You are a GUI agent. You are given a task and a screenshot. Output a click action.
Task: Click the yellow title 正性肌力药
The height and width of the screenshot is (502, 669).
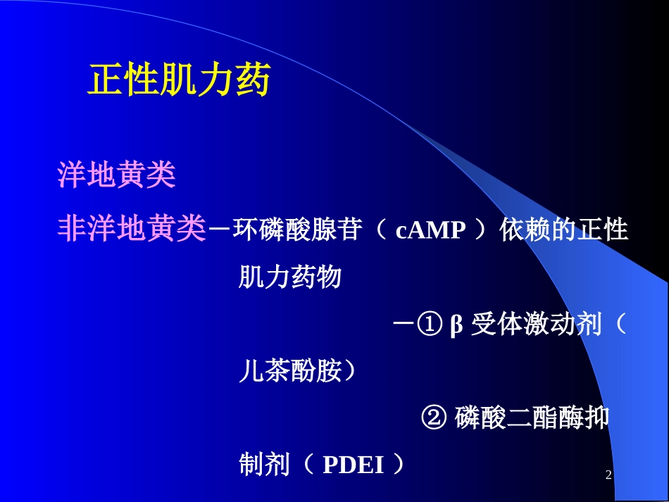179,80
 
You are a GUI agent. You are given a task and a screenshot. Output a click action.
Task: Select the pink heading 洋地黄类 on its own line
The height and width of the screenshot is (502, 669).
116,175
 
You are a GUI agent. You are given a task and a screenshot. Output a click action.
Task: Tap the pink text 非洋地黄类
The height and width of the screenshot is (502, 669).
132,228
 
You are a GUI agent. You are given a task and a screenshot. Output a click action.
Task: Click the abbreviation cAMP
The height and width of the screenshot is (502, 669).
430,230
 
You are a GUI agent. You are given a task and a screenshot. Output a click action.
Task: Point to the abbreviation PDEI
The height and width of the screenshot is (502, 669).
354,465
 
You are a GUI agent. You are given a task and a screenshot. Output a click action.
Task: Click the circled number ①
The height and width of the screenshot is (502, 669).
430,324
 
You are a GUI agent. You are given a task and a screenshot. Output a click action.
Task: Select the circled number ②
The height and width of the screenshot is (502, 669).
434,417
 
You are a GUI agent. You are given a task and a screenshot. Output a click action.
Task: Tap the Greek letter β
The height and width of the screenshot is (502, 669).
456,325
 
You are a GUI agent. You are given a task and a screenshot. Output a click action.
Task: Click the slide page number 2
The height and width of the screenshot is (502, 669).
608,475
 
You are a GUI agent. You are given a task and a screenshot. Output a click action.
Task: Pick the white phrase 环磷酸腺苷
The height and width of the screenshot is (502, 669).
298,230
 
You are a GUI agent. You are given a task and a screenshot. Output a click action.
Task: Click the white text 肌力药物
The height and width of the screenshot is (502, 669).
290,277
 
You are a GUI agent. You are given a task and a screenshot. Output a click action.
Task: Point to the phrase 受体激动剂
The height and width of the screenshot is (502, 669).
537,324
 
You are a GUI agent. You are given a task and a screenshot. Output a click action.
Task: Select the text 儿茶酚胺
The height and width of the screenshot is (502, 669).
290,370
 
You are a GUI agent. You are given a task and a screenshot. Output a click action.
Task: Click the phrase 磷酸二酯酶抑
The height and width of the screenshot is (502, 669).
532,417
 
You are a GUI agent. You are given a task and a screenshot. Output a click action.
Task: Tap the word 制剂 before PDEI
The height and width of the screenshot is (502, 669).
265,464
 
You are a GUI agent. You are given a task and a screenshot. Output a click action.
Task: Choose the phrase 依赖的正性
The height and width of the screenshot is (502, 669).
564,230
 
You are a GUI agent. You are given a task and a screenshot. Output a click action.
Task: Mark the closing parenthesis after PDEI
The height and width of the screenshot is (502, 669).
398,464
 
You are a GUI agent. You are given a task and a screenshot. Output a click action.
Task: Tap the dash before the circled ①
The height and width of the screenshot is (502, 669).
404,323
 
